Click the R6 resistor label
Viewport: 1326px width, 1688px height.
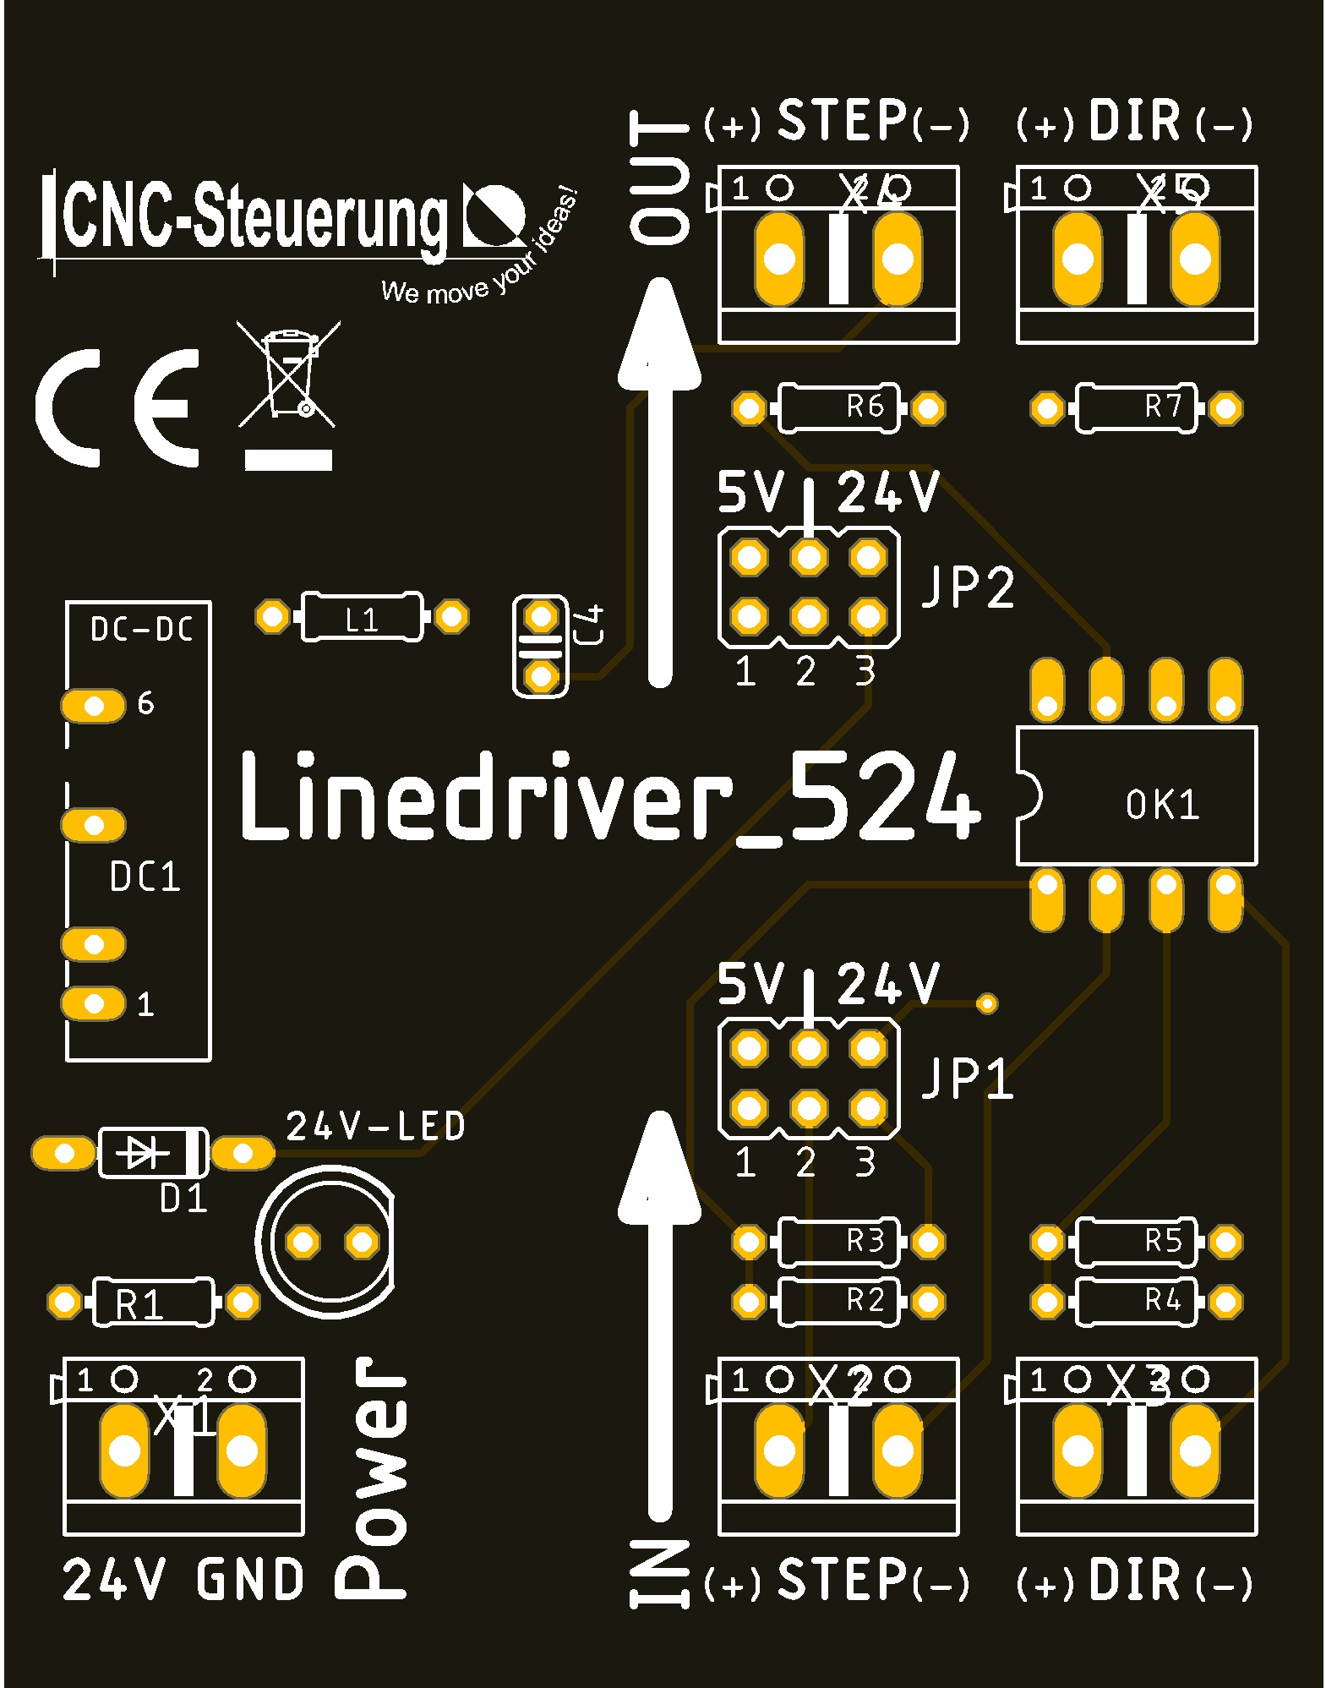coord(865,407)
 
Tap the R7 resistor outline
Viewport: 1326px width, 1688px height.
coord(1135,408)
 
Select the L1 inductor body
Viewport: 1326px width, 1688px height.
coord(361,617)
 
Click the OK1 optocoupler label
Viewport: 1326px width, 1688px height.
coord(1162,805)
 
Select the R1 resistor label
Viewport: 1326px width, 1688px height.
coord(139,1304)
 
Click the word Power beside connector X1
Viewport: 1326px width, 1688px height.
coord(373,1478)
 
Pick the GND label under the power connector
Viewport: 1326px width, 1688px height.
coord(250,1580)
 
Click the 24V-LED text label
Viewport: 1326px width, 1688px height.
coord(375,1126)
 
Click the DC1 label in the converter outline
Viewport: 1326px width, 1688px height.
coord(145,877)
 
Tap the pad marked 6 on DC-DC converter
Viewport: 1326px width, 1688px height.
coord(93,705)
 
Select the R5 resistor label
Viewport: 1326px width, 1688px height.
coord(1163,1240)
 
